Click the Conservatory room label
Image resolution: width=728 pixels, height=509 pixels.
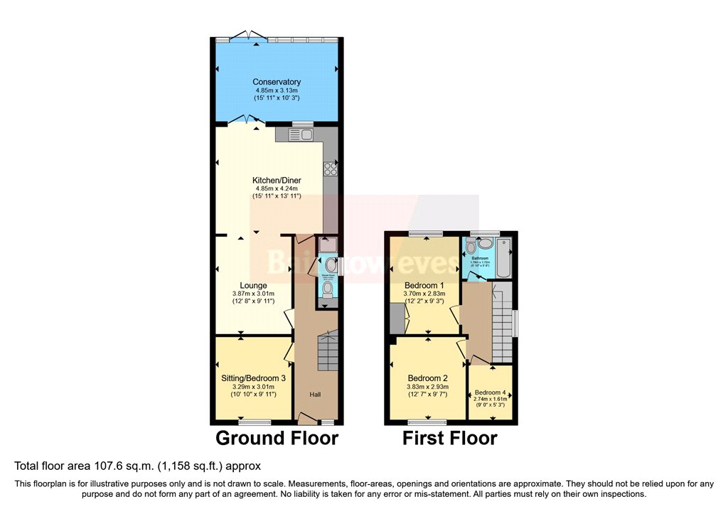[277, 82]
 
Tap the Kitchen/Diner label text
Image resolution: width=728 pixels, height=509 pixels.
[277, 181]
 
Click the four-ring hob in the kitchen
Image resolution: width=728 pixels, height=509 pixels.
[330, 168]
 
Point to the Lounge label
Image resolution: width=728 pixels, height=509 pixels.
[253, 286]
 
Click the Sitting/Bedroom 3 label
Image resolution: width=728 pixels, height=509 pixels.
[253, 378]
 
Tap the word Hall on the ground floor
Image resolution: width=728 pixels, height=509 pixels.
[316, 394]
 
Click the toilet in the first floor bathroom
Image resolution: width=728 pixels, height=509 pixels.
[484, 244]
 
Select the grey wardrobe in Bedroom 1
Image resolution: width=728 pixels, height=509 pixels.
[397, 318]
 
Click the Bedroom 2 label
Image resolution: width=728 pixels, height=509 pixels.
[427, 378]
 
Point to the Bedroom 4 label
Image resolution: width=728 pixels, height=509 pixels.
[491, 392]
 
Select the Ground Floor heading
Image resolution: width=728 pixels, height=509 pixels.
[277, 437]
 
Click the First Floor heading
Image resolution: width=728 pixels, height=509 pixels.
[449, 437]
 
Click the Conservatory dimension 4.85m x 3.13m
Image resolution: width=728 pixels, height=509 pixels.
[277, 91]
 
